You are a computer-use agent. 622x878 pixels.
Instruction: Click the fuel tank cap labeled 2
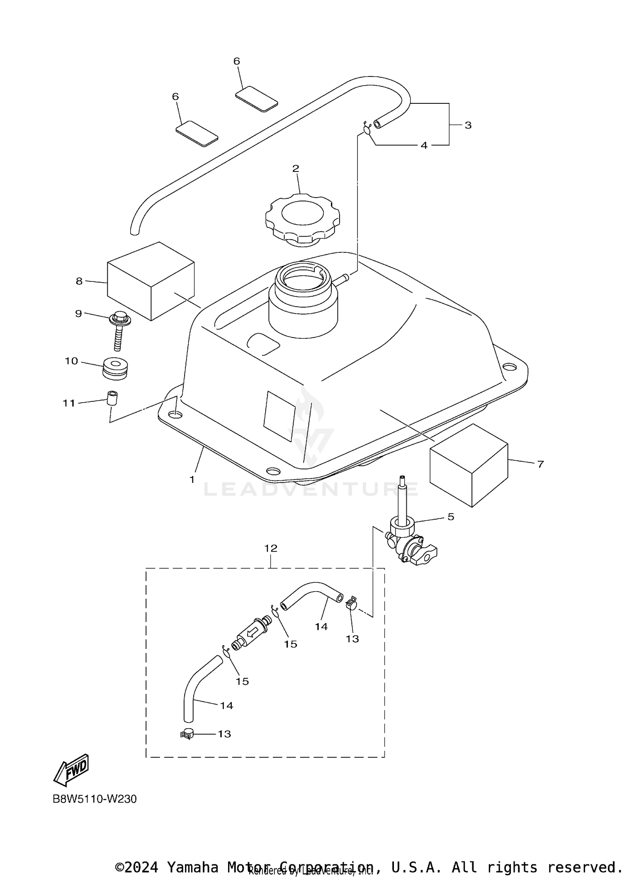pyautogui.click(x=303, y=219)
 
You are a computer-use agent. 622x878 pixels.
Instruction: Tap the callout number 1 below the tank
pyautogui.click(x=192, y=479)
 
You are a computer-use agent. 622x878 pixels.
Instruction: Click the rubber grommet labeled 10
pyautogui.click(x=115, y=368)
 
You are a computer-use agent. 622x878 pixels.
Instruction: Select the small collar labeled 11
pyautogui.click(x=112, y=398)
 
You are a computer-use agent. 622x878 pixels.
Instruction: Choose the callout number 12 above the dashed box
pyautogui.click(x=270, y=548)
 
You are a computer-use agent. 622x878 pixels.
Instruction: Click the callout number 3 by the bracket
pyautogui.click(x=468, y=125)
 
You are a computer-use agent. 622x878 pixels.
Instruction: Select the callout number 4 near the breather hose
pyautogui.click(x=424, y=145)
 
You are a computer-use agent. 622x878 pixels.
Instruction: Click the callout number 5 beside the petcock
pyautogui.click(x=450, y=516)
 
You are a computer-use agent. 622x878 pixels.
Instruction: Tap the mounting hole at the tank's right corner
pyautogui.click(x=507, y=367)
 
